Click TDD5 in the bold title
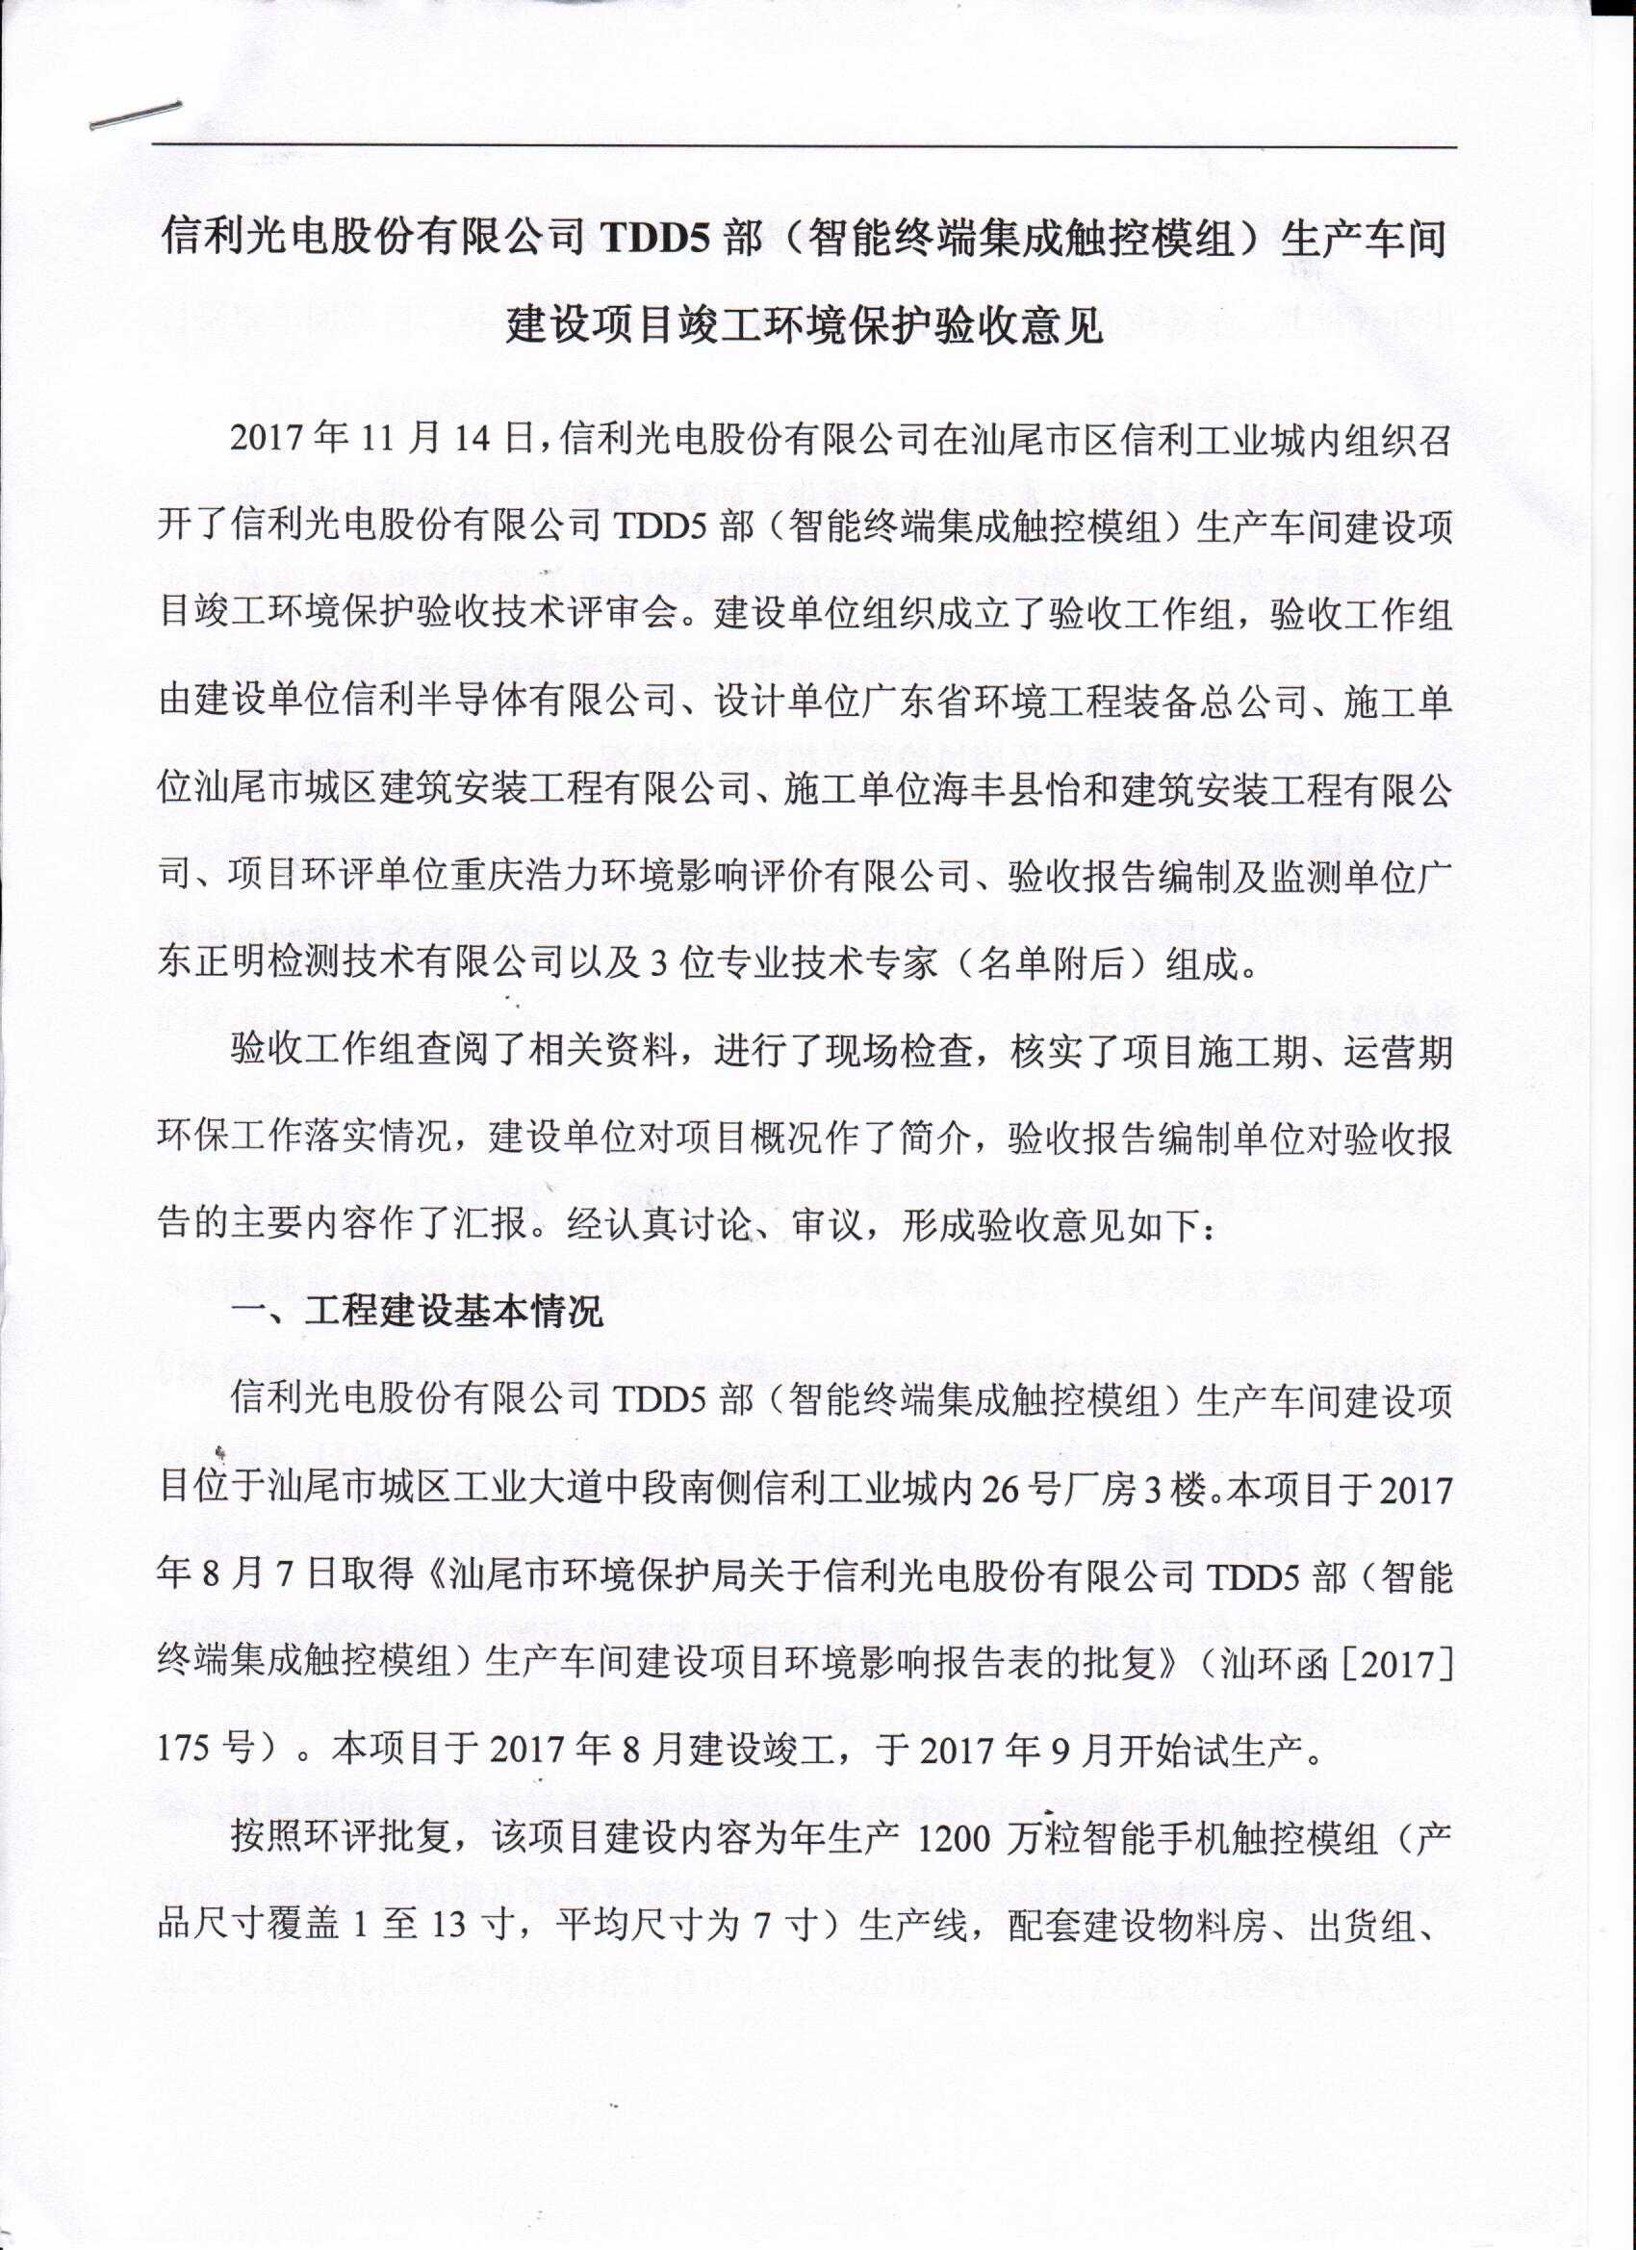point(652,240)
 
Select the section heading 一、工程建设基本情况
point(417,1314)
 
